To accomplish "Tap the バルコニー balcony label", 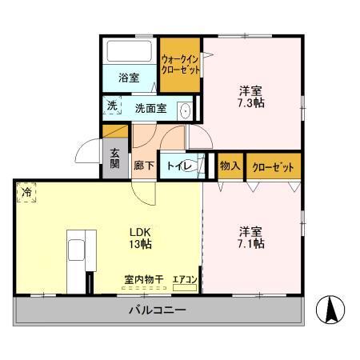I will [x=158, y=310].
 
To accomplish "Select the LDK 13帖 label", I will [x=142, y=238].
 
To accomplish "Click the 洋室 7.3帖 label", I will [x=250, y=95].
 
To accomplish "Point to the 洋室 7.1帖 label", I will [x=250, y=238].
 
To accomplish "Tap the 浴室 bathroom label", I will [x=130, y=78].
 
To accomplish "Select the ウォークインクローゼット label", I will [x=179, y=63].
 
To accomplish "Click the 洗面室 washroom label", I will [x=150, y=109].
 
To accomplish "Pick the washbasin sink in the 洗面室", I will [x=185, y=111].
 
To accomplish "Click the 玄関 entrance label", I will [x=114, y=159].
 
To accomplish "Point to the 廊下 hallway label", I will [x=144, y=166].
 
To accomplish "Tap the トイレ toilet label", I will [x=178, y=166].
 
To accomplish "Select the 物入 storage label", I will [x=230, y=166].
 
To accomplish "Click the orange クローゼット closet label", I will [x=272, y=166].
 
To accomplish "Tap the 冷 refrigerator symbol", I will [x=27, y=193].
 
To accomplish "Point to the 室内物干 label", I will [x=143, y=278].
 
